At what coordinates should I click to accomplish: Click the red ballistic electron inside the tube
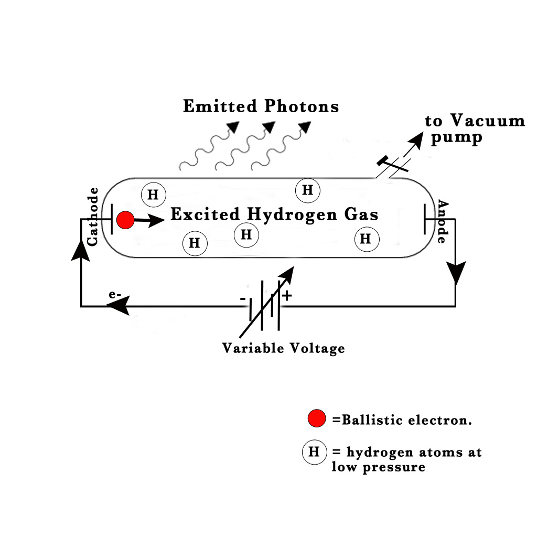click(x=125, y=220)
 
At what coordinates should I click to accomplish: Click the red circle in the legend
click(x=317, y=419)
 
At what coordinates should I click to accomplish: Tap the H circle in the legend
click(x=314, y=452)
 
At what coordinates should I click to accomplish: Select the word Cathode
click(x=93, y=216)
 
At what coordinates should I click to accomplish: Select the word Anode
click(x=442, y=222)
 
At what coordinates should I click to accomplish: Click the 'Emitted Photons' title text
click(x=261, y=106)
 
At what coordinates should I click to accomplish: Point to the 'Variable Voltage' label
click(x=283, y=348)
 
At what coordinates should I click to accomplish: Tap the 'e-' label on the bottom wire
click(x=115, y=295)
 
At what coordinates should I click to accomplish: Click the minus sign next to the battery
click(x=243, y=298)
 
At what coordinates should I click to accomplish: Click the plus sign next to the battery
click(x=287, y=296)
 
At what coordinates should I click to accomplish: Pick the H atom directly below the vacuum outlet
click(x=307, y=190)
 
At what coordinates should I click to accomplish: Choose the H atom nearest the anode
click(x=366, y=239)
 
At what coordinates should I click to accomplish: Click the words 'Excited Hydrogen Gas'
click(x=274, y=214)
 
